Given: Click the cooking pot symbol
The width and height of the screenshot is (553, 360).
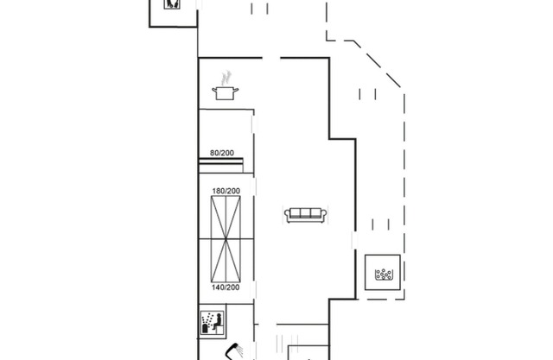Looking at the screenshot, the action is tap(225, 93).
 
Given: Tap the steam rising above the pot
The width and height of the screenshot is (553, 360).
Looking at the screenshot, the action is tap(226, 78).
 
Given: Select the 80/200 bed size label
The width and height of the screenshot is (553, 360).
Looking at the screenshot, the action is tap(222, 153).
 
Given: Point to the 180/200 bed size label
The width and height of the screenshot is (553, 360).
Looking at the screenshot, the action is tap(226, 191).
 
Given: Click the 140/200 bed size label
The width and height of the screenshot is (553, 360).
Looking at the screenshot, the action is tap(226, 287).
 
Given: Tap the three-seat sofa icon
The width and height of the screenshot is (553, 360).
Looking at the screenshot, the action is tap(305, 215).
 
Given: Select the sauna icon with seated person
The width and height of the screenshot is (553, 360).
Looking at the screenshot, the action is tap(212, 323).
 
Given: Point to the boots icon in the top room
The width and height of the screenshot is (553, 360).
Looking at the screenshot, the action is tap(172, 3).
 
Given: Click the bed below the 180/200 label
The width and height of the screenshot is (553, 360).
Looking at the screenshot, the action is tap(226, 218).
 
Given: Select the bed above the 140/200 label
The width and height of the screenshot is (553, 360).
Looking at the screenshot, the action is tap(226, 261).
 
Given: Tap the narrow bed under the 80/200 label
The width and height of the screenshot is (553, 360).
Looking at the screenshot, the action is tap(221, 166).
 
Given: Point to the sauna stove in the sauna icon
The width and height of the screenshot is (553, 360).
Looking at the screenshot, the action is tap(206, 329).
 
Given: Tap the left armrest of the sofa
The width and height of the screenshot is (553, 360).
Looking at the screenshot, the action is tap(288, 214).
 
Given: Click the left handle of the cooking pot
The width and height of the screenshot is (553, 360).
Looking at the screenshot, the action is tap(214, 91).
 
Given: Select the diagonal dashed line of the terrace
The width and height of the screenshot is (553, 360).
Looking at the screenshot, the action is tap(378, 64).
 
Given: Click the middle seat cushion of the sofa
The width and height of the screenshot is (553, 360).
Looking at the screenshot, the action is tap(305, 212).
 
